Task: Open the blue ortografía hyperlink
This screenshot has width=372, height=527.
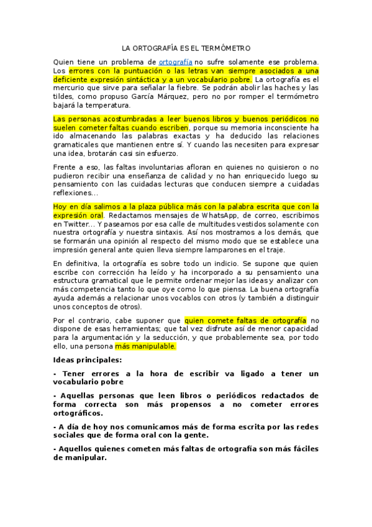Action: [176, 62]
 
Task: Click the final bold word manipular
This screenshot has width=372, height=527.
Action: [80, 457]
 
